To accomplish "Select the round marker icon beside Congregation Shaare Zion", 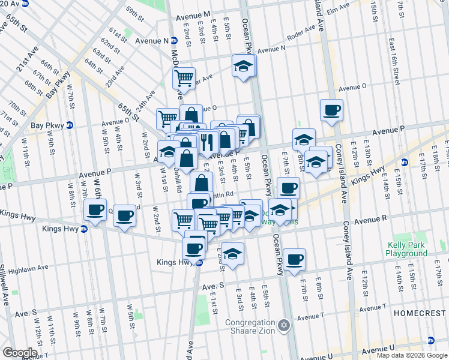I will [x=284, y=326].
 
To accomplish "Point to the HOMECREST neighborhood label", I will [x=421, y=313].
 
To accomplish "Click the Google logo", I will [x=19, y=353].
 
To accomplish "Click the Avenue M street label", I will [x=190, y=14].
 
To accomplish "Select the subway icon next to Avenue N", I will [x=174, y=41].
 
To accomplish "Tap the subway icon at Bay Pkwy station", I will [x=70, y=125].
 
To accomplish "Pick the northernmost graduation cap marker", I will [x=243, y=65].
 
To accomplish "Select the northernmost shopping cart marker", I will [x=184, y=77].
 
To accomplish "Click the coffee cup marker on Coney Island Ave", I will [x=331, y=110].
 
